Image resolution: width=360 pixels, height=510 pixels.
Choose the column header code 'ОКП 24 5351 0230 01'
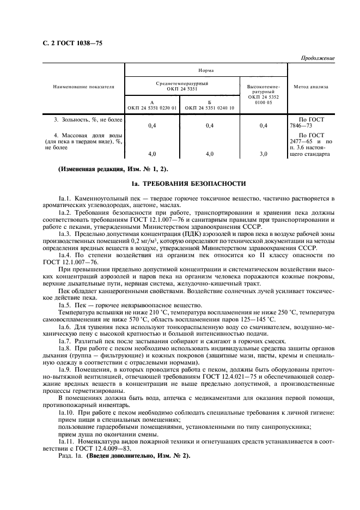coord(152,108)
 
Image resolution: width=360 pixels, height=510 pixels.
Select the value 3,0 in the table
coord(264,154)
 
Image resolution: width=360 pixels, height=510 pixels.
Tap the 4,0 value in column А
coord(152,154)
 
